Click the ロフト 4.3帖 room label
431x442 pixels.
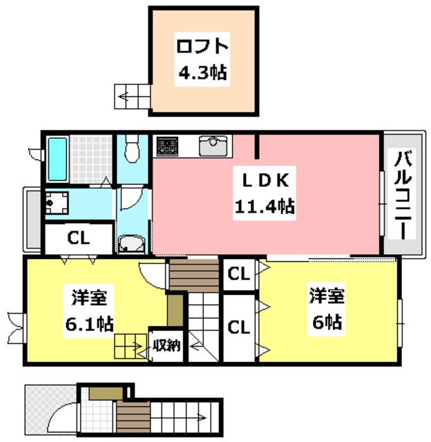[202, 59]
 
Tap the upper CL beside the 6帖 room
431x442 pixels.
[238, 274]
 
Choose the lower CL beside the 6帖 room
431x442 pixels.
[238, 325]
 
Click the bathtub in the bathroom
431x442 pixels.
[57, 158]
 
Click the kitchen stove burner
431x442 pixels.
[167, 146]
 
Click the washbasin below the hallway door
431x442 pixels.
[131, 244]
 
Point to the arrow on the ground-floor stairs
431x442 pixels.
[200, 416]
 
